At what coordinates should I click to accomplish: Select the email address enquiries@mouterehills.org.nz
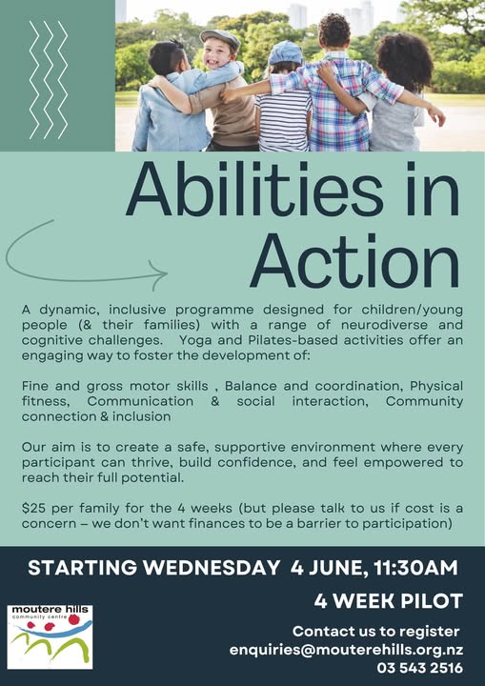[344, 649]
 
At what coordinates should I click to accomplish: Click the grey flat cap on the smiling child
[220, 39]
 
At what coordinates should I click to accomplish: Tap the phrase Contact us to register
[375, 631]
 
